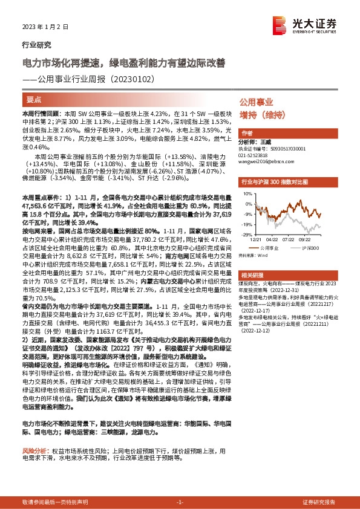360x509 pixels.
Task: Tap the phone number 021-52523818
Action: (x=258, y=154)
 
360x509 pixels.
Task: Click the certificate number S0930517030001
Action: (x=284, y=148)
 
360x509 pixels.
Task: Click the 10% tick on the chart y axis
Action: (x=247, y=194)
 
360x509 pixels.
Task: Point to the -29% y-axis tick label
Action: (x=246, y=234)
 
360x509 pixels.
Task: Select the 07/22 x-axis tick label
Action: (x=289, y=239)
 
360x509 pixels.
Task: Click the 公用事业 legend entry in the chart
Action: (x=268, y=248)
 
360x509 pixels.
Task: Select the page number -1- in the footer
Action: (x=180, y=502)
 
